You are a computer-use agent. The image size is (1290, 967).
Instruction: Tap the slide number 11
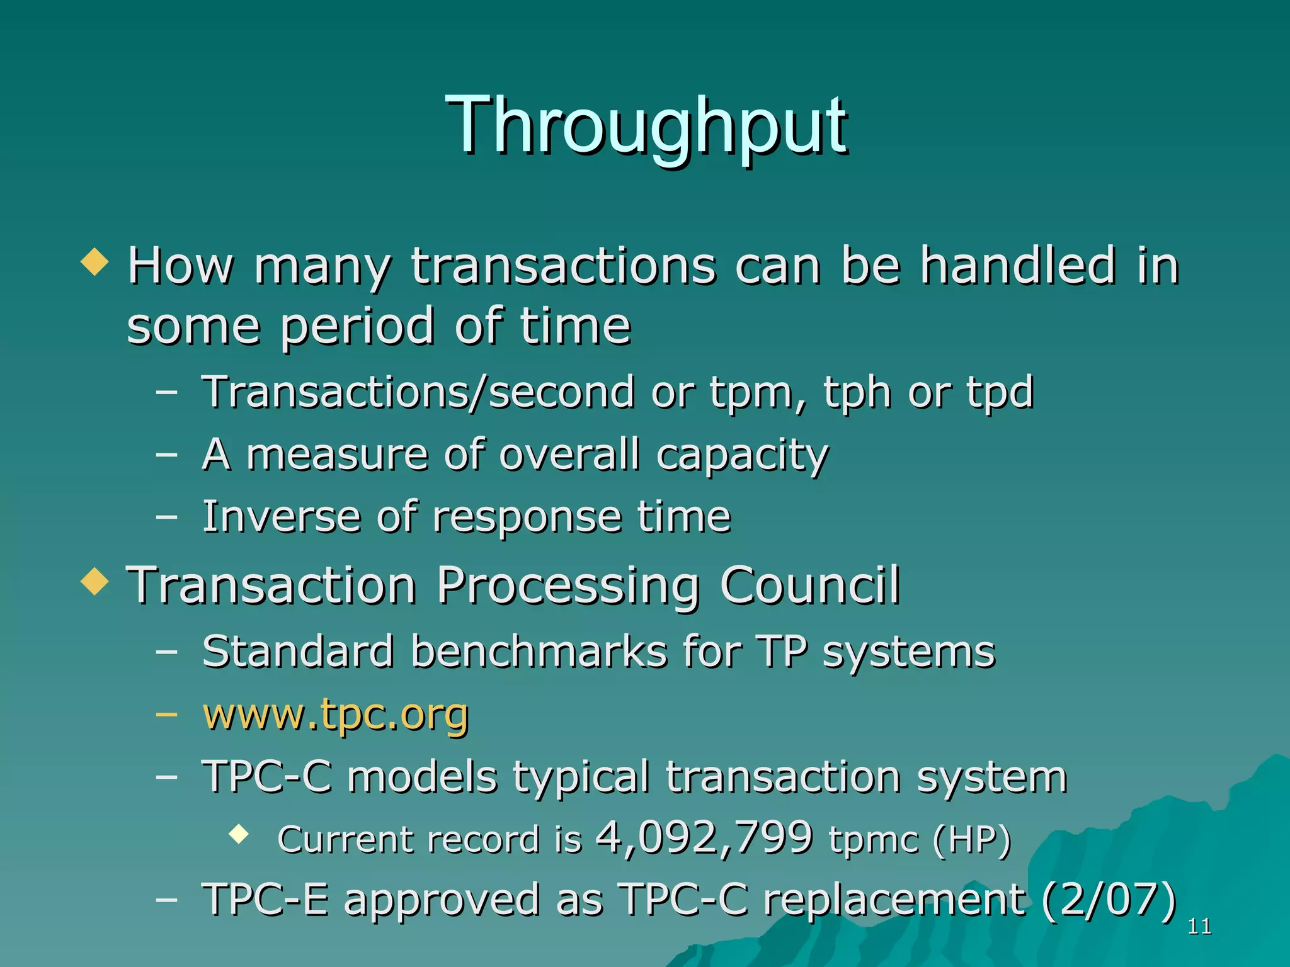pos(1199,927)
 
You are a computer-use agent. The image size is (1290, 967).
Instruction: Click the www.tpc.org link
pos(335,715)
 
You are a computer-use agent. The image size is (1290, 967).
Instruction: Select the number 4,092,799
pos(704,839)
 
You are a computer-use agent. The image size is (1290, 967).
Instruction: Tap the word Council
pos(810,585)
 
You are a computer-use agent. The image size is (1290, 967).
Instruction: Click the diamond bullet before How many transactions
pos(95,261)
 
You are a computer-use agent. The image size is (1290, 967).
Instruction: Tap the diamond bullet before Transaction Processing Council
pos(95,581)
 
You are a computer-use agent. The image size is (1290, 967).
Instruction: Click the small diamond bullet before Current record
pos(239,835)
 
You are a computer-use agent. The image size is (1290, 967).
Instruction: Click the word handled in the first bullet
pos(1018,266)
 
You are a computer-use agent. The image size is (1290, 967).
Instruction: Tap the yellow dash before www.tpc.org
pos(166,715)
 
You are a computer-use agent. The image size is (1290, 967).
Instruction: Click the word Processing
pos(568,585)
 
